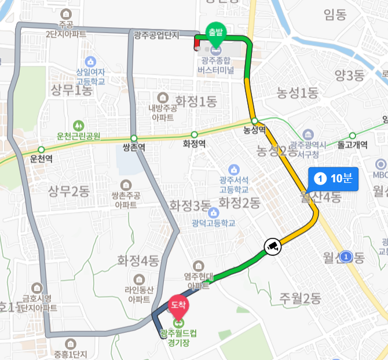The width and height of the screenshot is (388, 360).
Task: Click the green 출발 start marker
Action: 215,32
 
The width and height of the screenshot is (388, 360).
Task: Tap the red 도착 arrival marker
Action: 178,303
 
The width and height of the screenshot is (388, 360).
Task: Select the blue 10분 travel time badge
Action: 334,178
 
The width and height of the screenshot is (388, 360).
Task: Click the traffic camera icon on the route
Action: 272,246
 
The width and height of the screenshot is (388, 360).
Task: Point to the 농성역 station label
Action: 254,131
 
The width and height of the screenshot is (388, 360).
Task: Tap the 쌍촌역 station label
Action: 134,147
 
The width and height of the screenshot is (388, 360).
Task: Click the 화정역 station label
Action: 194,144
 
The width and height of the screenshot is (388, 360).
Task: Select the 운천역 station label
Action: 41,159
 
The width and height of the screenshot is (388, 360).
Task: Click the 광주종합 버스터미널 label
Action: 215,66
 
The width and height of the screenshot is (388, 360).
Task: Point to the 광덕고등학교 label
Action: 215,223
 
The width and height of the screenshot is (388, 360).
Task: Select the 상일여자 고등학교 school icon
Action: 90,61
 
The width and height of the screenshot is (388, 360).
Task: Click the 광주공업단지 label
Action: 156,36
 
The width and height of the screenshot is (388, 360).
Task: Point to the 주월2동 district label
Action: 300,299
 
